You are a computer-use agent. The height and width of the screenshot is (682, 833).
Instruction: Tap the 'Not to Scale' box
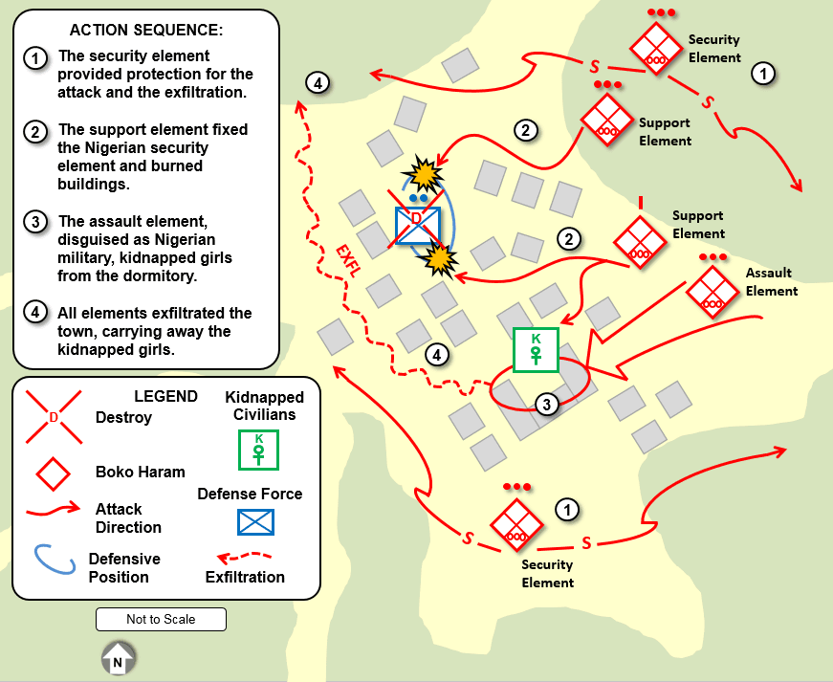tap(161, 619)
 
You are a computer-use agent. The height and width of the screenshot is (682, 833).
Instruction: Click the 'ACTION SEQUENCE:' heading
tap(146, 30)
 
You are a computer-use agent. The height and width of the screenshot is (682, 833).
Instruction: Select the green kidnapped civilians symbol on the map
tap(536, 349)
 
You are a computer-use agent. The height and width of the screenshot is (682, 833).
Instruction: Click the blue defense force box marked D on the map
tap(418, 226)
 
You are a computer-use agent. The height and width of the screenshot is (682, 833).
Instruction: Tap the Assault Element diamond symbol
tap(712, 292)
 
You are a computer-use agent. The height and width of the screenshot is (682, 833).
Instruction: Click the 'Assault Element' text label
tap(771, 282)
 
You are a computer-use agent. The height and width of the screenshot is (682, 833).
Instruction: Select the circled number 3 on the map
tap(546, 404)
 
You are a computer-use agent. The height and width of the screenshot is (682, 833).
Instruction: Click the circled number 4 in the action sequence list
tap(34, 313)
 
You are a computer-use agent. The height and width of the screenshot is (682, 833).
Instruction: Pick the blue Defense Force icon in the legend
tap(255, 521)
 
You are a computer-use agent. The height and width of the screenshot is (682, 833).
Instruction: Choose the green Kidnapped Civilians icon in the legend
tap(258, 449)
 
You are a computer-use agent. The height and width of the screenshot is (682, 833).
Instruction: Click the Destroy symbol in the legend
tap(54, 418)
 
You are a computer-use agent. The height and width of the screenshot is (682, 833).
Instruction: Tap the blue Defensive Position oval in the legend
tap(55, 561)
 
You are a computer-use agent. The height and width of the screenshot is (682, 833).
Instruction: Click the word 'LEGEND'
tap(165, 396)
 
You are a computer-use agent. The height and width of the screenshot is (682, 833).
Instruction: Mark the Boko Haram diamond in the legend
tap(54, 472)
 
